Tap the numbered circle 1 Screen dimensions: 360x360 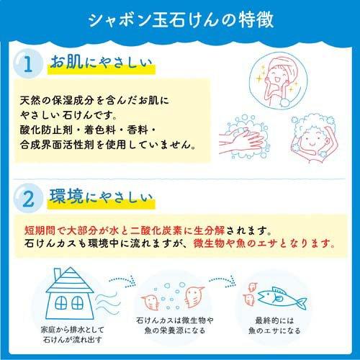pyautogui.click(x=27, y=65)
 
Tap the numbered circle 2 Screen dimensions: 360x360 pyautogui.click(x=27, y=196)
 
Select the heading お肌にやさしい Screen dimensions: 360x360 pyautogui.click(x=100, y=64)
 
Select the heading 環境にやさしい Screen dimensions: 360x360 pyautogui.click(x=100, y=195)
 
